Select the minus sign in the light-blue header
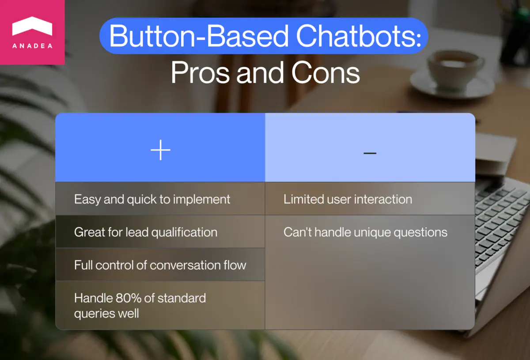(x=370, y=153)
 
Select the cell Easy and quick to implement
(x=152, y=199)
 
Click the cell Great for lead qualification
(x=146, y=232)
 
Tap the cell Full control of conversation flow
(x=160, y=265)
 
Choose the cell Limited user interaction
(x=348, y=199)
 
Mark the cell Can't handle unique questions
(x=365, y=232)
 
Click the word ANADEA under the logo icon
(x=32, y=46)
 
